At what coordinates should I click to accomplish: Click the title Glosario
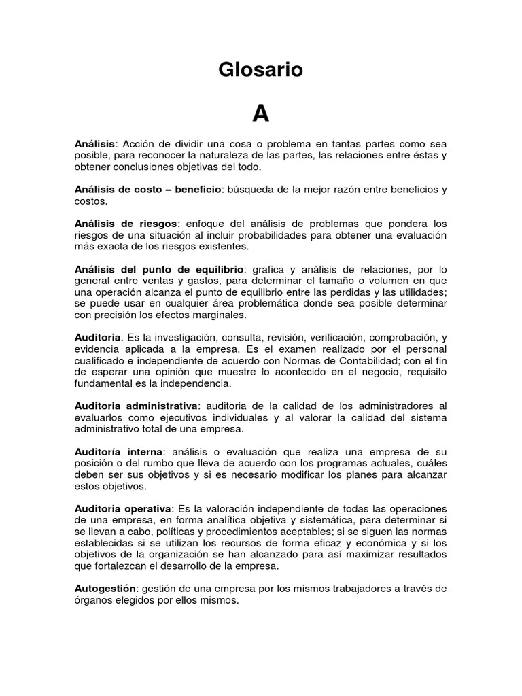click(x=260, y=70)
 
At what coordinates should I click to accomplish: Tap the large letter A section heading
click(x=261, y=114)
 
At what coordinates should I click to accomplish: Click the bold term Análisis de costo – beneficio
click(x=148, y=190)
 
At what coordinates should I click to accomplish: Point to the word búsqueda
click(x=249, y=190)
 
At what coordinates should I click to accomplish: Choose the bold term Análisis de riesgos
click(x=126, y=224)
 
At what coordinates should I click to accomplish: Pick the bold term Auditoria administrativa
click(x=135, y=406)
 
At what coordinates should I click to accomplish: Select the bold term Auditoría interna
click(x=118, y=451)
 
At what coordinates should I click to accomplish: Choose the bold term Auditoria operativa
click(x=123, y=508)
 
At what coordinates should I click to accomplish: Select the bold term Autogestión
click(x=106, y=588)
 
